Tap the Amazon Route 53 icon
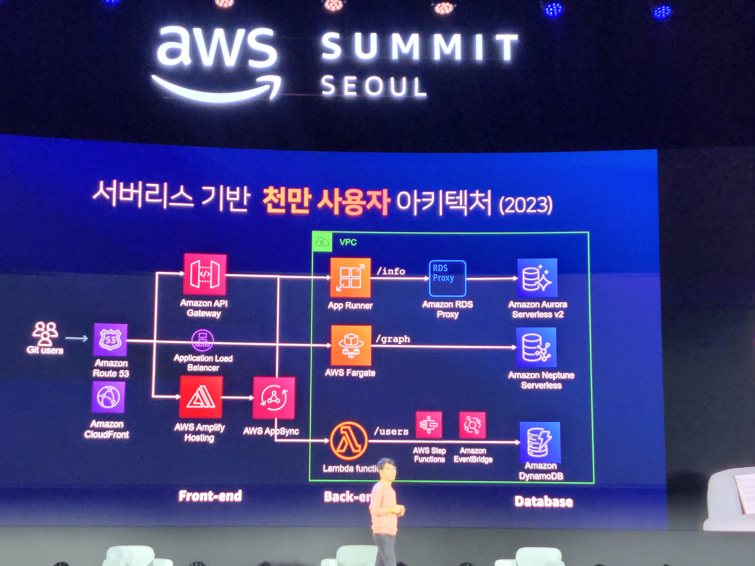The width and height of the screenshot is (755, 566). [110, 339]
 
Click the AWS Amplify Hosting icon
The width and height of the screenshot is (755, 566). [201, 397]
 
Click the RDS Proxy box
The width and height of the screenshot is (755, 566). [447, 278]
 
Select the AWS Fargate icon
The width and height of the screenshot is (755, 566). [351, 345]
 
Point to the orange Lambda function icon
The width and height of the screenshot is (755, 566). [348, 441]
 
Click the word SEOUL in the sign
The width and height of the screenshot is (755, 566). [374, 86]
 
